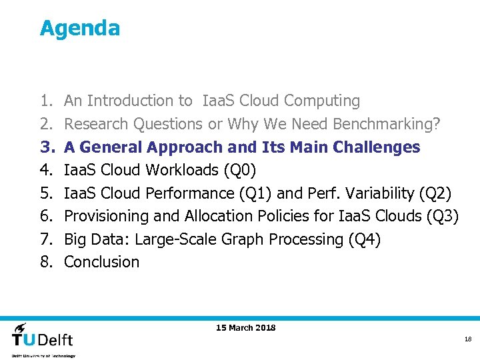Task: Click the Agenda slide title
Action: (x=79, y=28)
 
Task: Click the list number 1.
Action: (x=45, y=101)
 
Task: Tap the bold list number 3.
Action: (x=45, y=147)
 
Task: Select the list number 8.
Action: (x=45, y=262)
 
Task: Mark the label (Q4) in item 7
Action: (x=364, y=239)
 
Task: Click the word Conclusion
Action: (x=101, y=262)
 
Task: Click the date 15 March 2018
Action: (x=245, y=327)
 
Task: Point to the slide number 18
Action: (x=467, y=339)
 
